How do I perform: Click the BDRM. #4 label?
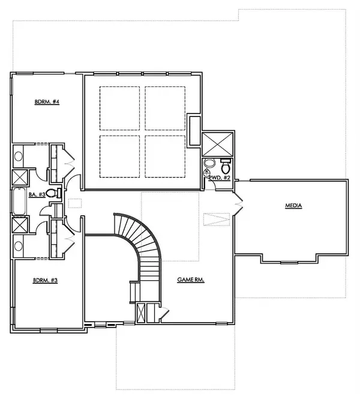(x=46, y=102)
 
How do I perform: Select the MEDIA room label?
(x=293, y=206)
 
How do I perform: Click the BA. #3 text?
(x=38, y=194)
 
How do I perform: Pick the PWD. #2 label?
(x=219, y=178)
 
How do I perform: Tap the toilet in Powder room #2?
(x=225, y=164)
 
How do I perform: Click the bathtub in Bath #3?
(x=18, y=202)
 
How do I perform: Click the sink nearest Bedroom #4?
(x=18, y=157)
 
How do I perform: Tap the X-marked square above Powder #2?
(x=216, y=144)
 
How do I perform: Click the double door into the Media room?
(x=238, y=204)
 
